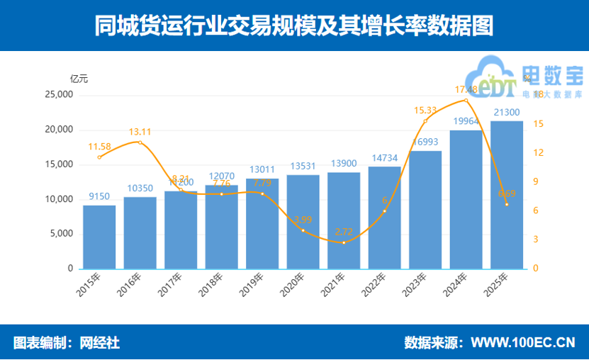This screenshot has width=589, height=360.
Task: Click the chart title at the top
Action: click(293, 26)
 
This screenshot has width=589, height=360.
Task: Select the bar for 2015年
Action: click(99, 237)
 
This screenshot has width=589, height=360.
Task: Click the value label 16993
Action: click(425, 142)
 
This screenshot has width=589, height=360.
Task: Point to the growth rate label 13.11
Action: click(140, 132)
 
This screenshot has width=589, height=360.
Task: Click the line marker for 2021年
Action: click(344, 243)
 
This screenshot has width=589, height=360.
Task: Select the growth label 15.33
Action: click(425, 110)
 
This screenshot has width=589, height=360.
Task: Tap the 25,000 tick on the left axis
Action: click(59, 95)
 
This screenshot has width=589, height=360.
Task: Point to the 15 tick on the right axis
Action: click(538, 124)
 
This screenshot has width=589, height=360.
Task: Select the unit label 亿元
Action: click(79, 79)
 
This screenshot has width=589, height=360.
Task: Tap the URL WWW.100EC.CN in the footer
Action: click(522, 343)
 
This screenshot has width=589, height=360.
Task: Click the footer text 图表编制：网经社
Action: click(67, 343)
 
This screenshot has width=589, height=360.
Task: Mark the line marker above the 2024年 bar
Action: click(466, 101)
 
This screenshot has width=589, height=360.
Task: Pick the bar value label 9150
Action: click(99, 196)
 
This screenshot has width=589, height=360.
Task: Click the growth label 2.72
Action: click(344, 232)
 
